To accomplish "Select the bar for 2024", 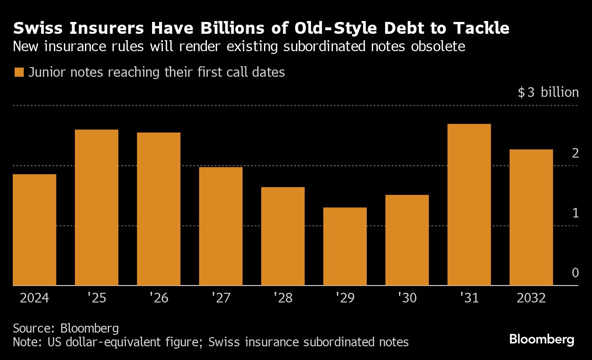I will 35,230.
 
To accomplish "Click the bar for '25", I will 96,207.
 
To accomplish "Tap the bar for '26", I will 159,209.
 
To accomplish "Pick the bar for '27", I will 221,226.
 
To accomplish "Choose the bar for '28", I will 283,236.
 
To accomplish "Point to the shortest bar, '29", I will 345,246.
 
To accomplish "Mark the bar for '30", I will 407,240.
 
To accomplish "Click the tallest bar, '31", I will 469,205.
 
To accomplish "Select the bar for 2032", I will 531,217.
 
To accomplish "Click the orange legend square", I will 19,73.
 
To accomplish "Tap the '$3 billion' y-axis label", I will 548,93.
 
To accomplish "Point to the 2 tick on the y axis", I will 575,153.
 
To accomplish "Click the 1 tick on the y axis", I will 575,213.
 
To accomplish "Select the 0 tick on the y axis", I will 575,273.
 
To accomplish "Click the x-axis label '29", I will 345,298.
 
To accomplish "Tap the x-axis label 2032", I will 531,298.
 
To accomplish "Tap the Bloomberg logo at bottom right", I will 541,340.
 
